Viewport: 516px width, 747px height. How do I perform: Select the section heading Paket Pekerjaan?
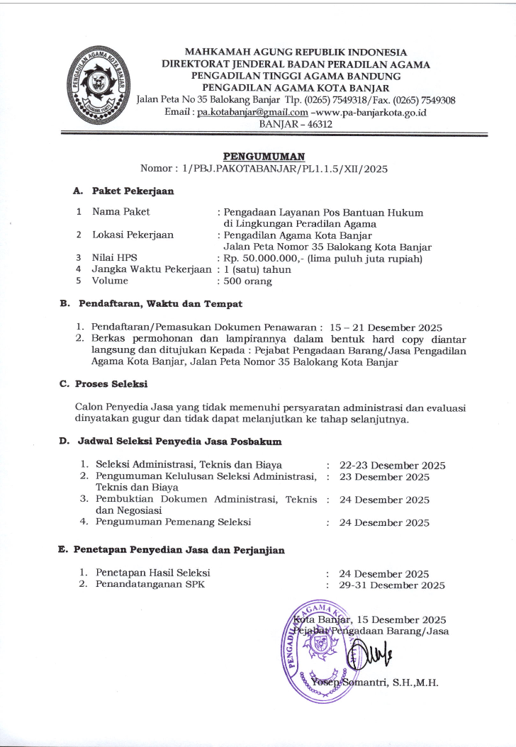tap(131, 191)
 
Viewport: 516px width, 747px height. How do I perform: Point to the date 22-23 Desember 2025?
tap(392, 466)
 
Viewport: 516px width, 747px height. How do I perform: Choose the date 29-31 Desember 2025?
tap(392, 585)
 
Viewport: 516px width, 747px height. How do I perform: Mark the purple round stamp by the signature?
tap(321, 649)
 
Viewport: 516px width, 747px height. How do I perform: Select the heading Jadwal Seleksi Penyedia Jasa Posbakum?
tap(179, 442)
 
